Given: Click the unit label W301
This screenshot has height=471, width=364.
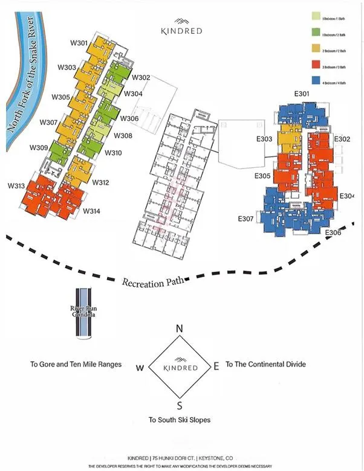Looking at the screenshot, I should click(79, 43).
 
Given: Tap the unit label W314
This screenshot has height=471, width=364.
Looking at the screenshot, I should click(91, 211).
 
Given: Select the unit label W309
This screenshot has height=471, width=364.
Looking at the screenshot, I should click(39, 148).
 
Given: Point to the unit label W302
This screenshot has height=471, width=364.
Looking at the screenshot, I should click(140, 77).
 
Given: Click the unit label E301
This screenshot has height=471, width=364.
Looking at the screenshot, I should click(302, 94).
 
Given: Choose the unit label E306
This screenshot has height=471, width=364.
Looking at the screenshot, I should click(333, 232).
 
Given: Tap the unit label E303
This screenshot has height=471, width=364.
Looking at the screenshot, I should click(265, 139).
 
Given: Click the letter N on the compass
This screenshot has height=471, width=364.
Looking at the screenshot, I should click(179, 329).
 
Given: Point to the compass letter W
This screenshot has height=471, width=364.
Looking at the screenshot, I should click(140, 367).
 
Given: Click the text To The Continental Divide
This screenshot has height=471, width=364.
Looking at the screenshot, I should click(265, 364).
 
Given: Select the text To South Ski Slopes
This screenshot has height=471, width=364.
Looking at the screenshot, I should click(180, 420).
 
